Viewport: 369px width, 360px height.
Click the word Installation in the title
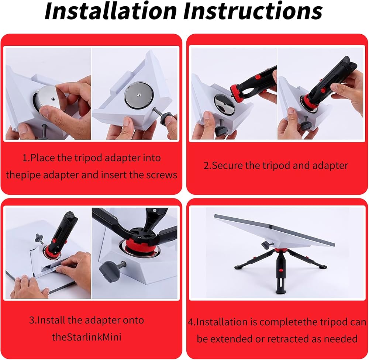click(x=111, y=11)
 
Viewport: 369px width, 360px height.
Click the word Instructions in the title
click(x=253, y=11)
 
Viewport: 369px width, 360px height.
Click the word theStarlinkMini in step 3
click(x=86, y=337)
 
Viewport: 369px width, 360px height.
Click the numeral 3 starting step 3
click(x=32, y=320)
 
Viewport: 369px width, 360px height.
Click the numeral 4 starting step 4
click(x=191, y=322)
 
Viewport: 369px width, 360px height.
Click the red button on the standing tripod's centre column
click(x=280, y=271)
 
